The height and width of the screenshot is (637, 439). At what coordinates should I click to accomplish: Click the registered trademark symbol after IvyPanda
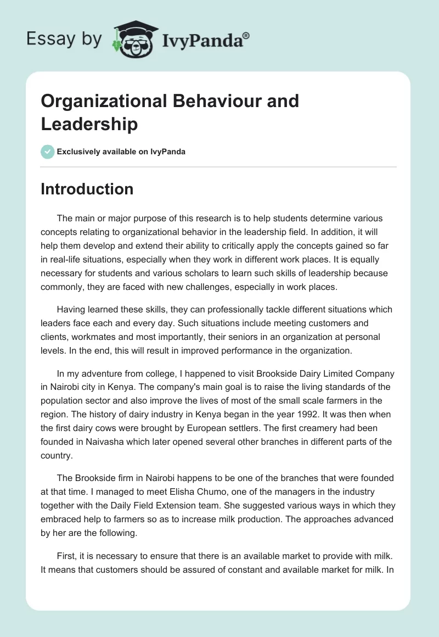pyautogui.click(x=246, y=36)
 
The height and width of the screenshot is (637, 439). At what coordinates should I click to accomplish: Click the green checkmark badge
pyautogui.click(x=48, y=152)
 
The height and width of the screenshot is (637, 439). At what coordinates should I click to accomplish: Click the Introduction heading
pyautogui.click(x=87, y=189)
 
